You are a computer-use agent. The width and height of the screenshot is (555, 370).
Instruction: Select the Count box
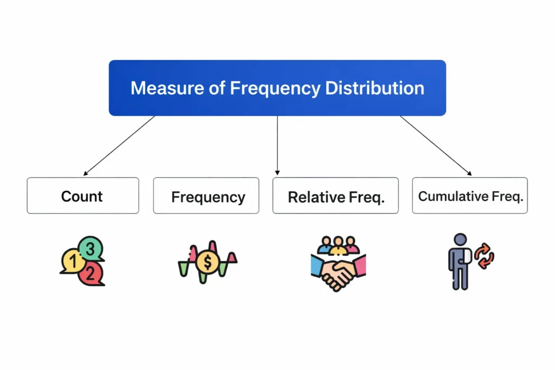(x=82, y=196)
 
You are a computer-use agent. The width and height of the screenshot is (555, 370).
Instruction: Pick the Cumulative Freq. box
(x=470, y=196)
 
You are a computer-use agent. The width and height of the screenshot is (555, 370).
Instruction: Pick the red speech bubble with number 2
(x=90, y=273)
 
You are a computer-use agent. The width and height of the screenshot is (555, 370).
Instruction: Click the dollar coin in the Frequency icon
(x=206, y=263)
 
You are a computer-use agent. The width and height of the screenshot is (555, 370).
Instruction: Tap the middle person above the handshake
(x=339, y=244)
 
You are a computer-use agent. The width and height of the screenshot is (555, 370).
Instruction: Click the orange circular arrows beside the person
(x=483, y=255)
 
